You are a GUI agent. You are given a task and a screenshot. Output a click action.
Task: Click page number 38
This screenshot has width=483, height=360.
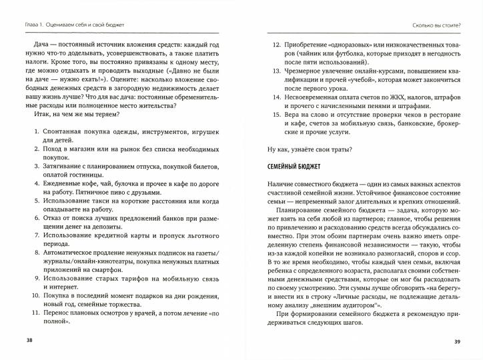(x=28, y=341)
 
